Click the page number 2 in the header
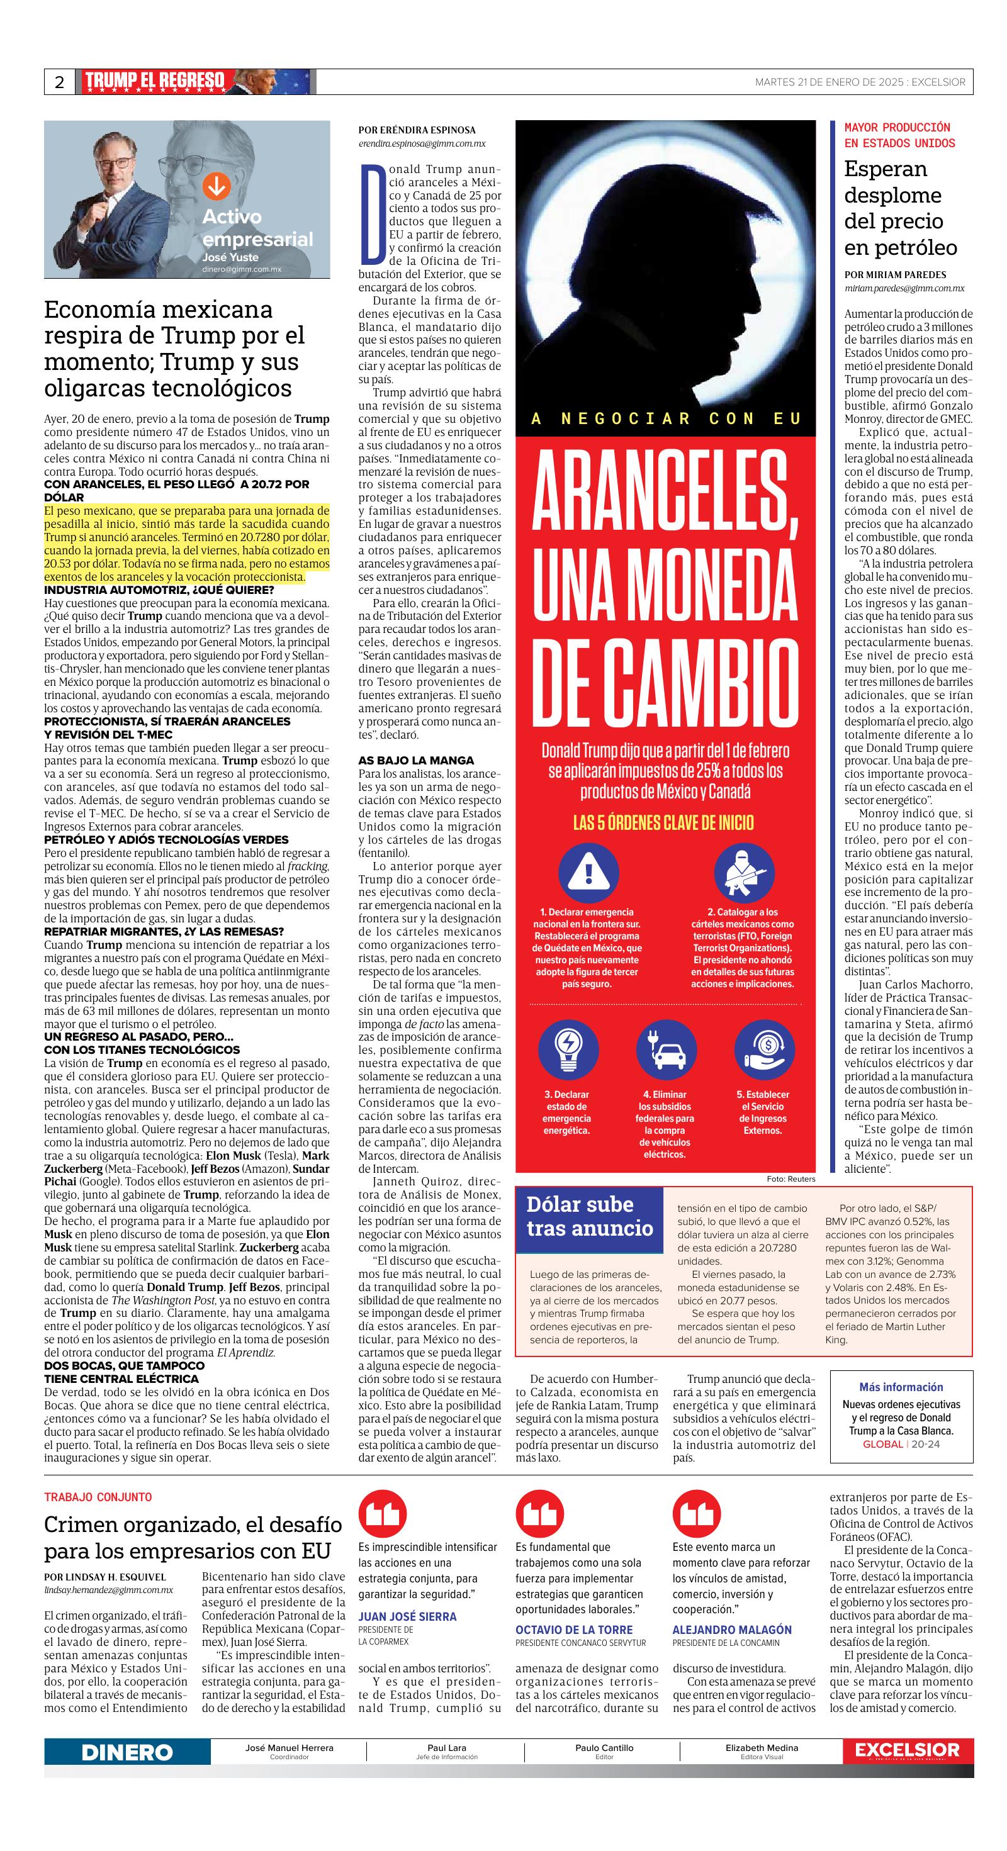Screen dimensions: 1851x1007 pos(60,82)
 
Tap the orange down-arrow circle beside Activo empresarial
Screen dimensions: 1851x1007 pos(217,186)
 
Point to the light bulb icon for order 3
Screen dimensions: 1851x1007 pos(568,1050)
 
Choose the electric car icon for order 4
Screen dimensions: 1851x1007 pos(666,1050)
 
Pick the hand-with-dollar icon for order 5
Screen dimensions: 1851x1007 pos(763,1050)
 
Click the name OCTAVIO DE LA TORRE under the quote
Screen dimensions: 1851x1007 pos(573,1630)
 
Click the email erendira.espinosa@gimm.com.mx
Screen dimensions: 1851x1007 pos(422,143)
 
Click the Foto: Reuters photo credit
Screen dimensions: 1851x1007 pos(790,1178)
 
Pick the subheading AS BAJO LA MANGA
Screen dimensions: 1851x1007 pos(406,759)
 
